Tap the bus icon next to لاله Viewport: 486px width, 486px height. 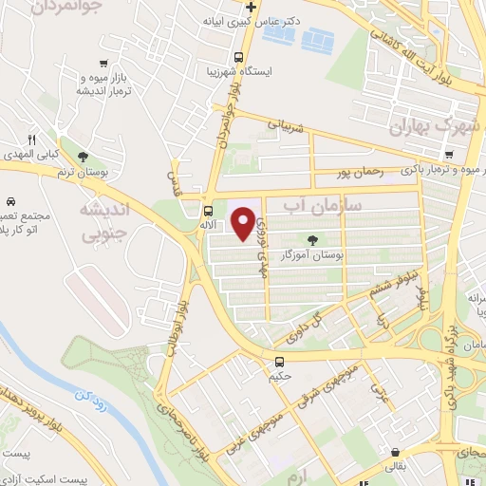208,211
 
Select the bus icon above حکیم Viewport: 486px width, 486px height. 278,362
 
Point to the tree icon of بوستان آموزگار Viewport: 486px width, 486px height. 314,241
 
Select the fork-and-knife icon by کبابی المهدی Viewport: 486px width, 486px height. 32,140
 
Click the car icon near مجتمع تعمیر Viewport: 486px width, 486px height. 9,202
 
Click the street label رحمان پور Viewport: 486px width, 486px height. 359,174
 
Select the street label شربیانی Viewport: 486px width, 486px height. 286,124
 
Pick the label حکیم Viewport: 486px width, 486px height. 278,377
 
